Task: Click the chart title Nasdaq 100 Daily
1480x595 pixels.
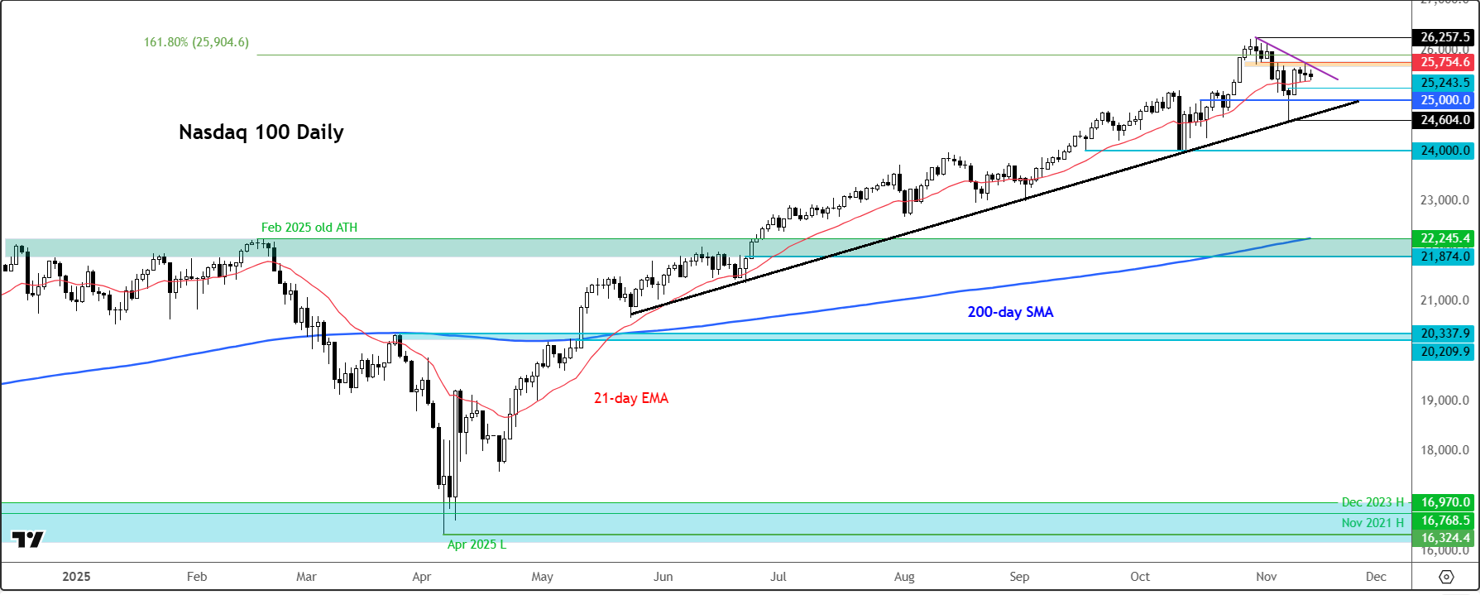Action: pos(261,132)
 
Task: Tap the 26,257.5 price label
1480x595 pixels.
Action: pos(1444,37)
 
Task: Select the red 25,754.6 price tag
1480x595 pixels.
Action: pos(1444,62)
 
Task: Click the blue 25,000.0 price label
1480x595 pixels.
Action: pos(1444,100)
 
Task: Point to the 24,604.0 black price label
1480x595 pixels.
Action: pos(1444,120)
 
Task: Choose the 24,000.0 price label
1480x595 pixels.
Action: pos(1444,151)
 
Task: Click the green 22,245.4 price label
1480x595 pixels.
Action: pos(1444,238)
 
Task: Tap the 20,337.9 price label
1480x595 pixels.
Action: pos(1444,333)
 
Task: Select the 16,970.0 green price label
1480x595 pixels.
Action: pos(1444,502)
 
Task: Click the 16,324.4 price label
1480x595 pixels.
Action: pos(1444,538)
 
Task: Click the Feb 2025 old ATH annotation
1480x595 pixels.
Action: pos(309,228)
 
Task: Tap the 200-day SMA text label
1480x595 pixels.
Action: pos(1010,312)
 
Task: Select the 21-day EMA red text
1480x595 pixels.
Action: pos(630,398)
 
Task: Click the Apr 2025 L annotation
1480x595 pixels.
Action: pos(477,545)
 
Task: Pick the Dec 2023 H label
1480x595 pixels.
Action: pos(1372,502)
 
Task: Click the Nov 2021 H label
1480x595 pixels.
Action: pos(1372,523)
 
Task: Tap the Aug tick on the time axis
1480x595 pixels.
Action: pos(904,577)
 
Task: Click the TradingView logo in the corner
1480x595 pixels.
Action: pos(28,540)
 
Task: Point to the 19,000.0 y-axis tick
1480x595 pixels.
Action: pos(1444,401)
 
